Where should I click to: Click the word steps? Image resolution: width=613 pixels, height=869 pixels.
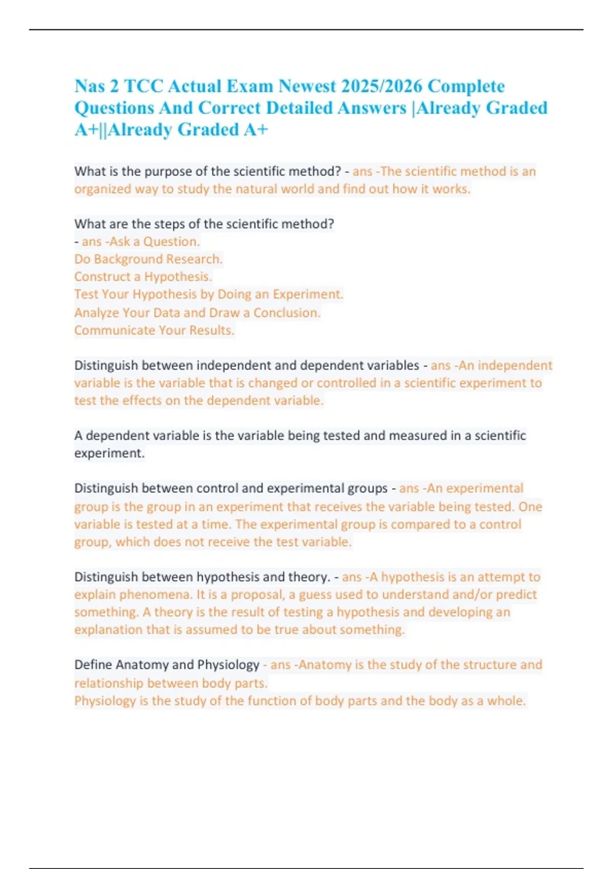coord(169,224)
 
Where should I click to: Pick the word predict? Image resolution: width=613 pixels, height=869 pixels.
coord(516,594)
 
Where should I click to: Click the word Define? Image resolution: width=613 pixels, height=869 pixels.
coord(93,665)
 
